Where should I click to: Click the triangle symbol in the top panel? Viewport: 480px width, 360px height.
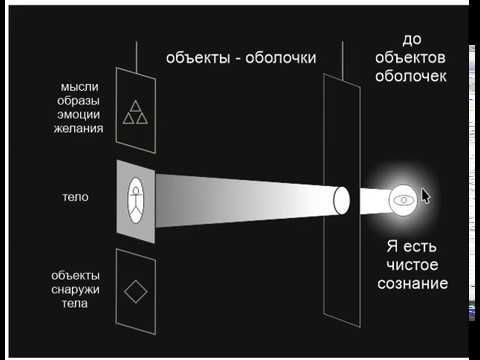[134, 112]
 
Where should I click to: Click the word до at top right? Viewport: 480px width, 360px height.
[411, 40]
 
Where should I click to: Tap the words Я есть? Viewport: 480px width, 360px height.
[412, 245]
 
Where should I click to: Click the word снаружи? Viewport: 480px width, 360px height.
[81, 289]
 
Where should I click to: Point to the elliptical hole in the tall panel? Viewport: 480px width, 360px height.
[342, 200]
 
